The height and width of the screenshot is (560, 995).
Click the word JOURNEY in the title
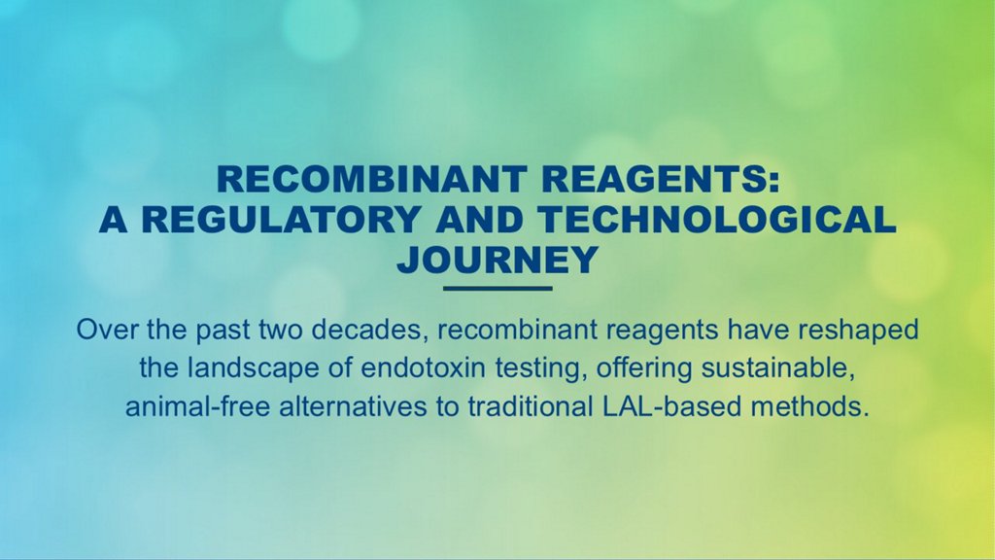[x=497, y=260]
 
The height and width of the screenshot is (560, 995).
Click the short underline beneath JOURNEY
[x=497, y=288]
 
